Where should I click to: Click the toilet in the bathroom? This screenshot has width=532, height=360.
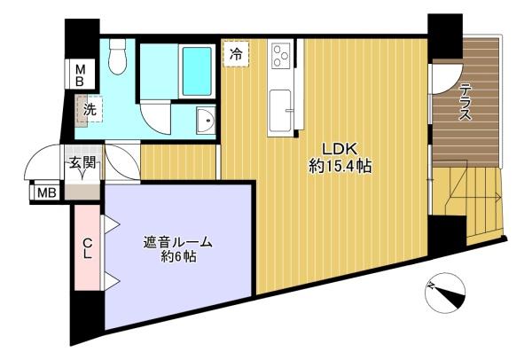coord(117,56)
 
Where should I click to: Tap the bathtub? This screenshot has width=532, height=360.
coord(197,71)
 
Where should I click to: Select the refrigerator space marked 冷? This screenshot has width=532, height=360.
coord(236,54)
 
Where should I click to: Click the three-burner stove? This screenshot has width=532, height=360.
coord(280,56)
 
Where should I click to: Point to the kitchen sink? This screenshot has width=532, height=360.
coord(280,111)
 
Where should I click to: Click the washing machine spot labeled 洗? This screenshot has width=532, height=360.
coord(90,109)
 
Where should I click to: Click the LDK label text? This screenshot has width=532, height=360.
coord(339,149)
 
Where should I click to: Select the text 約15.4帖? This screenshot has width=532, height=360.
coord(340,167)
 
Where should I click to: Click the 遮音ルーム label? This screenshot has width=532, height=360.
coord(177,243)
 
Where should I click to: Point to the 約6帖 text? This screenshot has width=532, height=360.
coord(178,257)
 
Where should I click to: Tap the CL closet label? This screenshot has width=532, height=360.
coord(88,248)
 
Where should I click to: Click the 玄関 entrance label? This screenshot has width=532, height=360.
coord(82,163)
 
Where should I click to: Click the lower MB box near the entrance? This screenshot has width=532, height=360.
coord(46,193)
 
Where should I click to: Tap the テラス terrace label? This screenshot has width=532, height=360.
coord(465,103)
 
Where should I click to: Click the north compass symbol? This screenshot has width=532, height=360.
coord(445,293)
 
